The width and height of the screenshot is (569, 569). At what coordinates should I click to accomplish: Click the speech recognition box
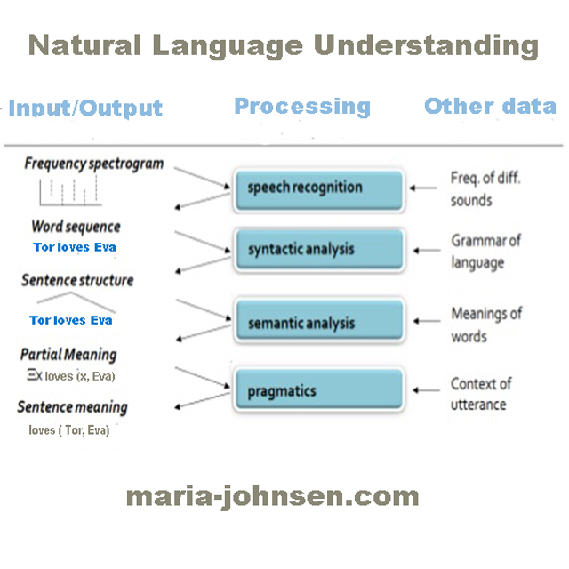pos(318,188)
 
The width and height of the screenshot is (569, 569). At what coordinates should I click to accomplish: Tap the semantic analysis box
pos(318,323)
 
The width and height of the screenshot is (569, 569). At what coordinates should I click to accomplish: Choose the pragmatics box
pos(318,390)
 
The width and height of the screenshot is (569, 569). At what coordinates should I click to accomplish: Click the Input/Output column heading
pos(85,108)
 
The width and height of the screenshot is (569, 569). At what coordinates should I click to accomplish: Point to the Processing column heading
pos(302,107)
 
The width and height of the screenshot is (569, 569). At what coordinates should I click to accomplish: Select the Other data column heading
pos(490,106)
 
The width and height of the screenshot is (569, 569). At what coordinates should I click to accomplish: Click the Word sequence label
pos(76,227)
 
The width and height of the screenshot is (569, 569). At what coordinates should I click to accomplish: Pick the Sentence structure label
pos(77,280)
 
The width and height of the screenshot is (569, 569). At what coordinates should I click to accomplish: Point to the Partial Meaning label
pos(68,354)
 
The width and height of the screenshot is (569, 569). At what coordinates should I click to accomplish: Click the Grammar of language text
pos(485,251)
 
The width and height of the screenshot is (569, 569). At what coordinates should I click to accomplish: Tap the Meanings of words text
pos(485,325)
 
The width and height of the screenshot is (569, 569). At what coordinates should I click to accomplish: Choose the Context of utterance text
pos(481,394)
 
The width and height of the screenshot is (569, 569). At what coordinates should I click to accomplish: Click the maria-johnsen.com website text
pos(272,494)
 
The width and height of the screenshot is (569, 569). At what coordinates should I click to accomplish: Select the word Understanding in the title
pos(422,44)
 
